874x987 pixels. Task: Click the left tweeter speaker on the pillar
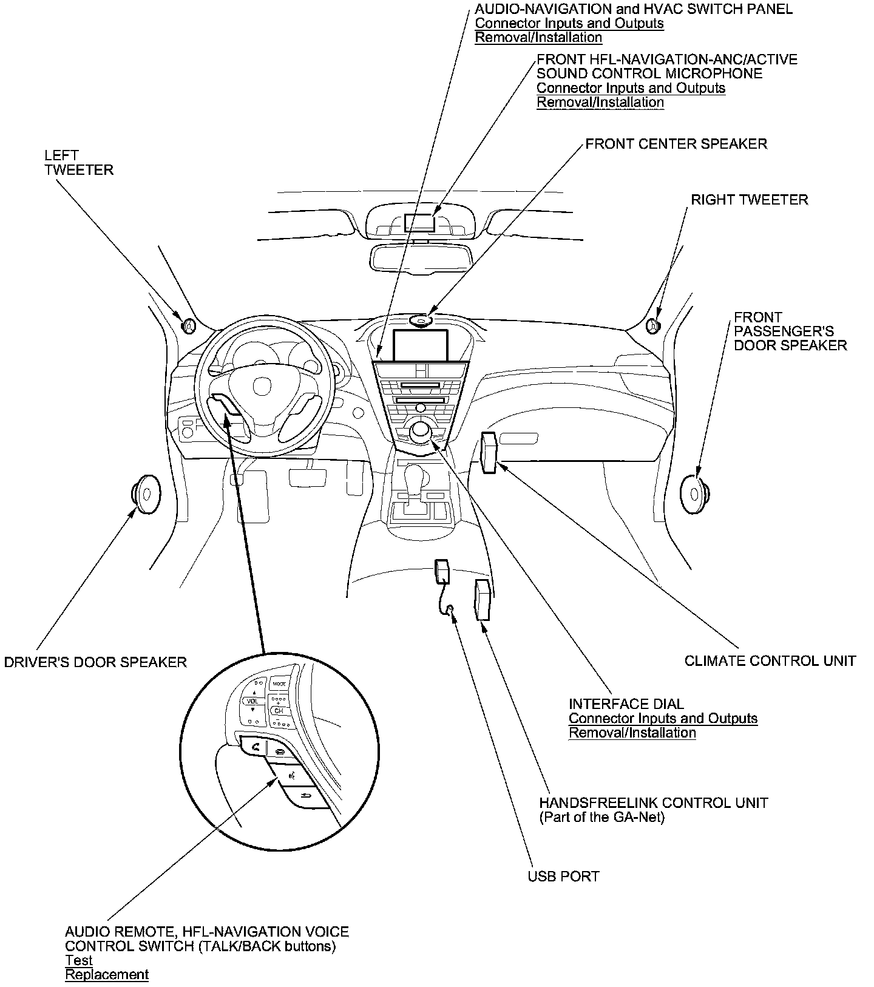pos(189,325)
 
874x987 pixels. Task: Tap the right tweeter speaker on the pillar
pos(654,326)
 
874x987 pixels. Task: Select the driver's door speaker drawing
pos(146,492)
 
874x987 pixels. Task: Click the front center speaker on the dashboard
pos(420,320)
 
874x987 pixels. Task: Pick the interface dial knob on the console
pos(420,431)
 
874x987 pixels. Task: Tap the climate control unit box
pos(489,452)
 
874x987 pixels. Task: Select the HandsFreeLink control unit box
pos(483,599)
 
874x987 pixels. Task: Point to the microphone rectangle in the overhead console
pos(419,222)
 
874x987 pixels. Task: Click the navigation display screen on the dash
pos(421,344)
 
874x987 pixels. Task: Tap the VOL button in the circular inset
pos(252,701)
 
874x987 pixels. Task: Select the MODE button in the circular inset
pos(279,684)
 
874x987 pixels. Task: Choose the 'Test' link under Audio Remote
pos(79,960)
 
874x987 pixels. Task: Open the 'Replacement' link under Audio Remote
pos(107,975)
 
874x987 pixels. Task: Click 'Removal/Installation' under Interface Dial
pos(632,733)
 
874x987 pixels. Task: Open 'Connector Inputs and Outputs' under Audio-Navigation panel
pos(569,24)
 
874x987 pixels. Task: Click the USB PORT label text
pos(563,877)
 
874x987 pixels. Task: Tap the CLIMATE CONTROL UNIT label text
pos(770,661)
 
